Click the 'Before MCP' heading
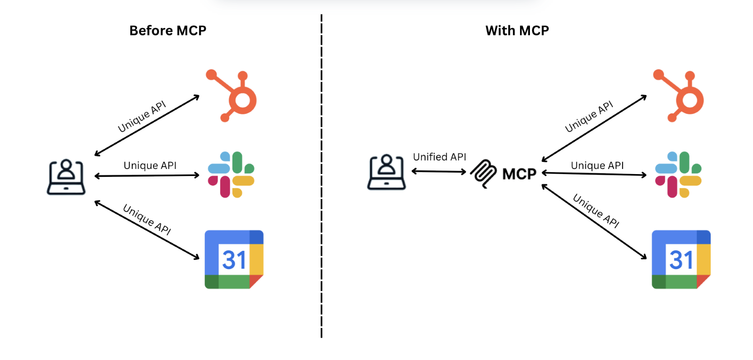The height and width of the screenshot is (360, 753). click(168, 31)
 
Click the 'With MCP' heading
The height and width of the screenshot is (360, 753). click(517, 31)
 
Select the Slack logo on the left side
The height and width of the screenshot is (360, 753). click(231, 175)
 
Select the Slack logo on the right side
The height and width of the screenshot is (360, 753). click(678, 175)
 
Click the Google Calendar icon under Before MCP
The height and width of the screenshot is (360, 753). click(234, 259)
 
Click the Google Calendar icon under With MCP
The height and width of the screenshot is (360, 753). click(681, 259)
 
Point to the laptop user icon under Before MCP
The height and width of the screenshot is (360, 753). click(66, 177)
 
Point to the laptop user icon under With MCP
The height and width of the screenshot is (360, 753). click(386, 172)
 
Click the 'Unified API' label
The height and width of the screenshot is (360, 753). click(439, 157)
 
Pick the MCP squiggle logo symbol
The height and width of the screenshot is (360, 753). click(483, 174)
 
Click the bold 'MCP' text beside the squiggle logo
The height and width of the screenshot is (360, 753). click(519, 174)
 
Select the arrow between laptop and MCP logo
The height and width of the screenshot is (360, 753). click(439, 171)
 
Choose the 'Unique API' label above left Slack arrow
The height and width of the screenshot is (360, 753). click(150, 166)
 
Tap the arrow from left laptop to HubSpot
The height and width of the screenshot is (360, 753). click(147, 126)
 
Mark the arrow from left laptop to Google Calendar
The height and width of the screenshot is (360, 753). click(147, 230)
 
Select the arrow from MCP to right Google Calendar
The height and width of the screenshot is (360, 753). click(594, 222)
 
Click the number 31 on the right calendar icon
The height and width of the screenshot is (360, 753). click(681, 260)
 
